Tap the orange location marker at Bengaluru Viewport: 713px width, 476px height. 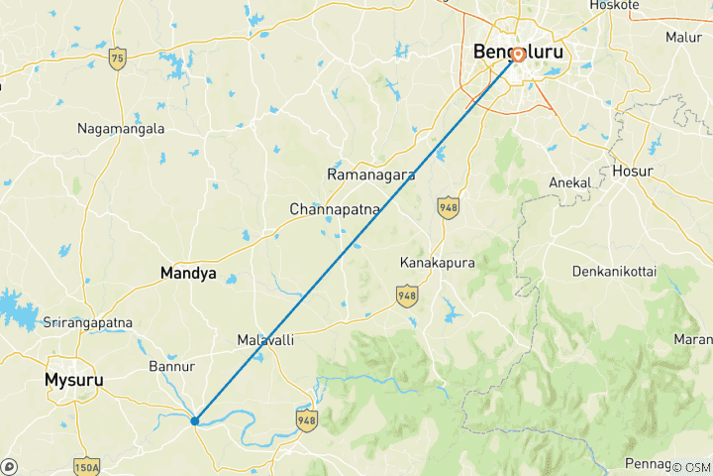pyautogui.click(x=518, y=56)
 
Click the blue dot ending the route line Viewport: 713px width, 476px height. pyautogui.click(x=195, y=420)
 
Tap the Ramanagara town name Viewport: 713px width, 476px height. pyautogui.click(x=371, y=175)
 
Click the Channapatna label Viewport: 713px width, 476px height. pyautogui.click(x=334, y=210)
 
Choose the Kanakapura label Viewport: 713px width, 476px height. pyautogui.click(x=438, y=263)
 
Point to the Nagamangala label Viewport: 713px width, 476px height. pyautogui.click(x=121, y=129)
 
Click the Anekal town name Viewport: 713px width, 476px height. pyautogui.click(x=569, y=183)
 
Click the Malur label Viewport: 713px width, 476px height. pyautogui.click(x=683, y=37)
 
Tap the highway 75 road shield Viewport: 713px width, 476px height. pyautogui.click(x=118, y=58)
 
